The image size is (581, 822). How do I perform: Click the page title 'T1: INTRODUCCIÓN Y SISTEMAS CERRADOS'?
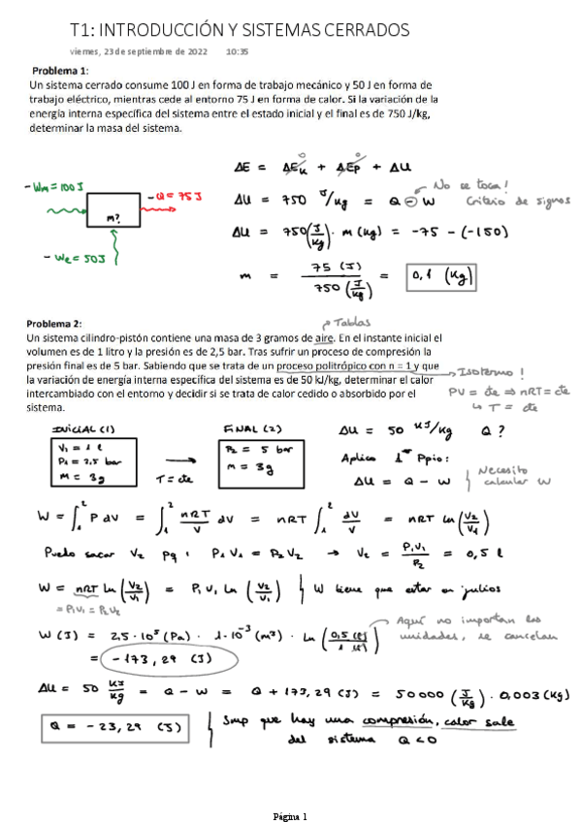tap(240, 30)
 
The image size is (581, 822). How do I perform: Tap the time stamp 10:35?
tap(237, 51)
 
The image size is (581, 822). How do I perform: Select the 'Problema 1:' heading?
tap(60, 71)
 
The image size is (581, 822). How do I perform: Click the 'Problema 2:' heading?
tap(56, 323)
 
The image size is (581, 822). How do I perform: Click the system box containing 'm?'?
tap(115, 210)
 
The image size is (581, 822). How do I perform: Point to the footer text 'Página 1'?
tap(289, 814)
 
